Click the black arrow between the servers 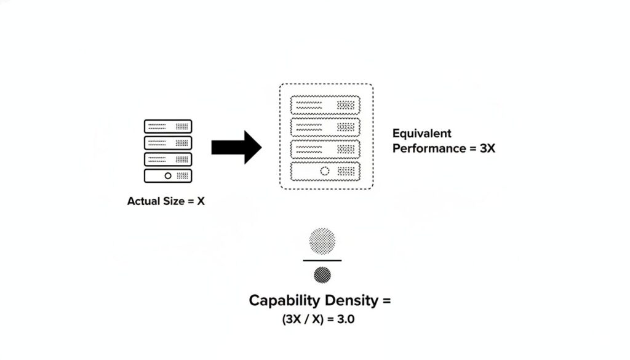pos(237,147)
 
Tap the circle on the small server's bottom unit pos(167,175)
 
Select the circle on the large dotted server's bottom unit pos(325,171)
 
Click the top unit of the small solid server pos(168,126)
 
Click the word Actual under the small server pos(143,201)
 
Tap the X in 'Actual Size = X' pos(201,201)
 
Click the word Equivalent pos(421,134)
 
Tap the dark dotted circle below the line pos(322,274)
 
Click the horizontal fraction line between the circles pos(322,261)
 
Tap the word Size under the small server pos(175,201)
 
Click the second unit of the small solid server pos(168,143)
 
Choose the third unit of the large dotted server pos(325,149)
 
